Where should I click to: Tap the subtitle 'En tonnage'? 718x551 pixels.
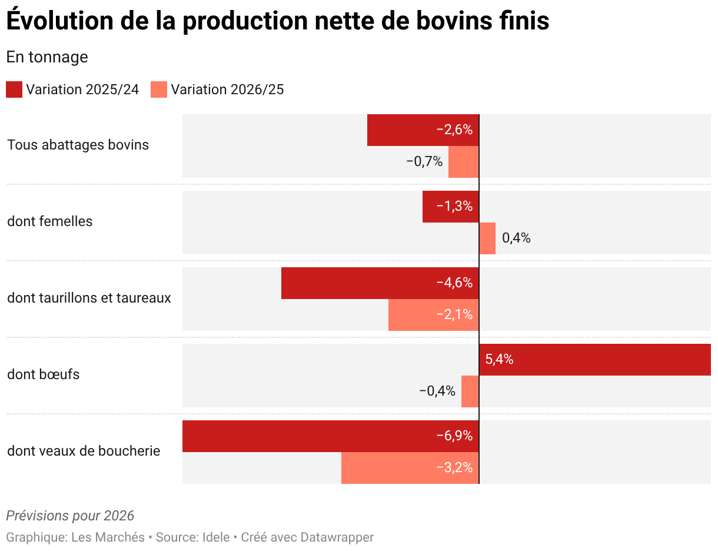pyautogui.click(x=47, y=57)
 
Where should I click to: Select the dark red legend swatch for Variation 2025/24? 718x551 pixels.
pyautogui.click(x=14, y=89)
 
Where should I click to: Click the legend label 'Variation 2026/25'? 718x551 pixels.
pyautogui.click(x=227, y=89)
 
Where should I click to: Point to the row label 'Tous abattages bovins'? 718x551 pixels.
pyautogui.click(x=78, y=145)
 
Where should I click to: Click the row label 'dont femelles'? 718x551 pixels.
pyautogui.click(x=50, y=221)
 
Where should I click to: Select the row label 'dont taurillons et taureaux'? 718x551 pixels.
pyautogui.click(x=89, y=298)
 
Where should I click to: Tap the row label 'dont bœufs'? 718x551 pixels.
pyautogui.click(x=44, y=374)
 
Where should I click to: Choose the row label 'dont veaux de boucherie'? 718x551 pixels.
pyautogui.click(x=84, y=451)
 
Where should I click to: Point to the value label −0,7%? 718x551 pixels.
pyautogui.click(x=424, y=162)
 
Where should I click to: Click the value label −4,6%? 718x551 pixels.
pyautogui.click(x=454, y=283)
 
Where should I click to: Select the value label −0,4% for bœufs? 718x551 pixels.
pyautogui.click(x=437, y=391)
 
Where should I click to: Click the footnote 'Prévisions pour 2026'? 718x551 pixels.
pyautogui.click(x=70, y=516)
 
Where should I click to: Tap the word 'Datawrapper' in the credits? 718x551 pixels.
pyautogui.click(x=337, y=537)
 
